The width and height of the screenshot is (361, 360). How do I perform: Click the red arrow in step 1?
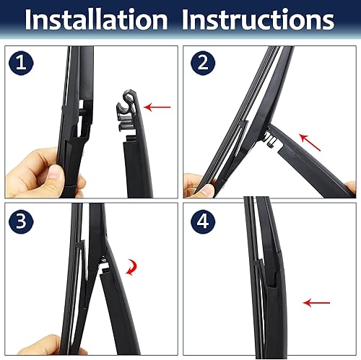[x=157, y=107]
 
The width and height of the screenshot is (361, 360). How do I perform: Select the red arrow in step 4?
[x=316, y=303]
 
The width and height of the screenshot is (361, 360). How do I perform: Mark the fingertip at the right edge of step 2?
[x=349, y=188]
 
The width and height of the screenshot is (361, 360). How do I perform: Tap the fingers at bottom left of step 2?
[x=197, y=187]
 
